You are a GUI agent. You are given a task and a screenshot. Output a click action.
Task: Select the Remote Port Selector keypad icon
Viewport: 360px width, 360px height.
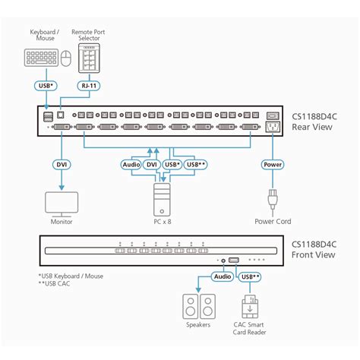[90, 57]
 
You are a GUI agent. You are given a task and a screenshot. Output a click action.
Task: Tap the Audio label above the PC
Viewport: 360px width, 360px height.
[131, 164]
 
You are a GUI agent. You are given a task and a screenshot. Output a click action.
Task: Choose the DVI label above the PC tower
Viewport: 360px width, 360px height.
[152, 164]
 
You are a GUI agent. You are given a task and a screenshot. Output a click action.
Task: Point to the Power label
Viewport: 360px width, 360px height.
[272, 164]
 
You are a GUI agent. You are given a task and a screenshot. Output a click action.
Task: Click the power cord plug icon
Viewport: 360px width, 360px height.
[272, 201]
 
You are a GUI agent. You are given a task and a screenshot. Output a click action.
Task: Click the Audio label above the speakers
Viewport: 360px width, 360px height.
[222, 277]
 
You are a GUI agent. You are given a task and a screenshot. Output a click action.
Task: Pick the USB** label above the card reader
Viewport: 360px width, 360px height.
[251, 277]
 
